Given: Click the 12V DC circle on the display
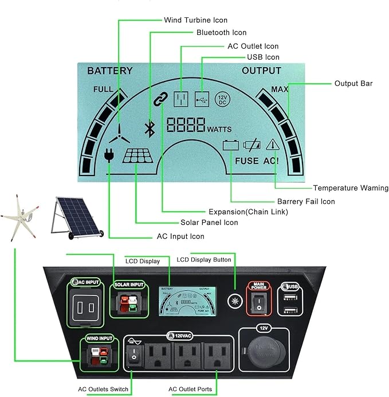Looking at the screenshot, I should pos(222,99).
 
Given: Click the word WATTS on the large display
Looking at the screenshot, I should pos(219,129).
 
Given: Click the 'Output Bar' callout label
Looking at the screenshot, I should pos(353,83).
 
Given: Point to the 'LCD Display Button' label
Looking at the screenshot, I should pos(204,260).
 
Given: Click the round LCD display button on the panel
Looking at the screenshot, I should pos(233,300).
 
